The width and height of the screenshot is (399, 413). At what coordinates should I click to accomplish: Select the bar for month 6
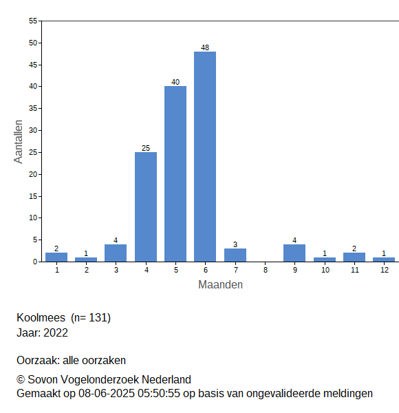(x=205, y=157)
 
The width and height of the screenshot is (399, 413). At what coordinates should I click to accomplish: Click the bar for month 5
(x=175, y=174)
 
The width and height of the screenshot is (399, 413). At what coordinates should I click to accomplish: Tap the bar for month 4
(x=146, y=207)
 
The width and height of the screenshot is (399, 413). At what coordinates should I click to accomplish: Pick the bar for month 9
(x=294, y=253)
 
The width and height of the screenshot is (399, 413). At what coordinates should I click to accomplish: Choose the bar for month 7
(x=235, y=255)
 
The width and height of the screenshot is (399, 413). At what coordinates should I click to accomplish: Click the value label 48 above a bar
(x=205, y=47)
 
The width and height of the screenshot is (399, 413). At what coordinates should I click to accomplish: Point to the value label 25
(x=146, y=148)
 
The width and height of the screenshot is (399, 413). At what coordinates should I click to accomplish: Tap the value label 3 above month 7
(x=235, y=244)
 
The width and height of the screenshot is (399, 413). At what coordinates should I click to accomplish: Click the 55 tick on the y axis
(x=33, y=21)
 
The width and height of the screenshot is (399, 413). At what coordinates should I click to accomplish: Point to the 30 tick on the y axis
(x=33, y=130)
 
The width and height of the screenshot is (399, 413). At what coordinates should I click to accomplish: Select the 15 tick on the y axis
(x=33, y=196)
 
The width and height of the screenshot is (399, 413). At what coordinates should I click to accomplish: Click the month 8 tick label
(x=266, y=270)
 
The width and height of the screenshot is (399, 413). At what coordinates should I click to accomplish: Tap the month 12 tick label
(x=385, y=270)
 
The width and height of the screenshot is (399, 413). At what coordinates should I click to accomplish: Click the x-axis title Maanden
(x=220, y=285)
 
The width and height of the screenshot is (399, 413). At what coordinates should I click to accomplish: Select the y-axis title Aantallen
(x=19, y=142)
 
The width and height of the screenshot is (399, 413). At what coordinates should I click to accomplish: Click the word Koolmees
(x=41, y=317)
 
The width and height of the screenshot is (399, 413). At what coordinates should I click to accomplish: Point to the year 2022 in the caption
(x=56, y=333)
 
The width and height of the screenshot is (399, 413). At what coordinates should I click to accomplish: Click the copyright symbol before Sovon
(x=21, y=380)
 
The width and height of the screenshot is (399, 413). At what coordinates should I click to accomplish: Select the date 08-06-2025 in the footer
(x=107, y=394)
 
